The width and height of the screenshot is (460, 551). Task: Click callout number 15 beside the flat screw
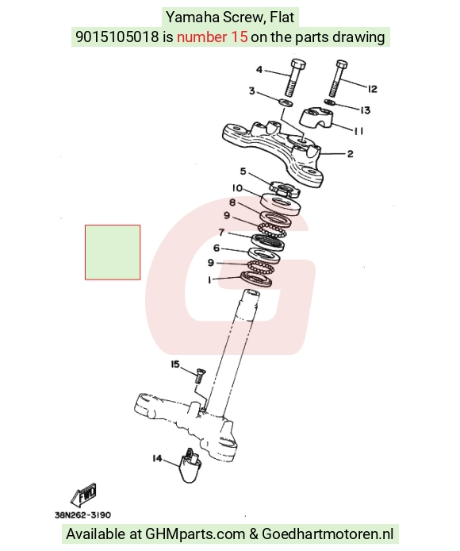(174, 364)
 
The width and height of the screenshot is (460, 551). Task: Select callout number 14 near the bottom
(157, 458)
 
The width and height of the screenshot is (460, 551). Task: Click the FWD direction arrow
(84, 494)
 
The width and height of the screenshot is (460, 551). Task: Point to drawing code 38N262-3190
(82, 515)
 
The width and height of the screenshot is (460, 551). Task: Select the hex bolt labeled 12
(338, 78)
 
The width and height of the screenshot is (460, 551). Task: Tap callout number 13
(366, 110)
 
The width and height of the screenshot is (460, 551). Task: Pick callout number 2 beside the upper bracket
(350, 154)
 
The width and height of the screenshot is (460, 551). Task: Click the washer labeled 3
(286, 103)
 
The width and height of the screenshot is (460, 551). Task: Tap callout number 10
(237, 188)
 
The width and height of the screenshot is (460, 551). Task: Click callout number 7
(221, 233)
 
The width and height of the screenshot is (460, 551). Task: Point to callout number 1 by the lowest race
(209, 280)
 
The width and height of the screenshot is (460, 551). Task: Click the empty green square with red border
(113, 252)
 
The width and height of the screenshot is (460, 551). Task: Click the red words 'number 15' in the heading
(213, 37)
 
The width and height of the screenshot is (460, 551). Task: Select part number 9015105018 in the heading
(117, 37)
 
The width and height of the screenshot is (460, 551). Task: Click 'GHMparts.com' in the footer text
(195, 534)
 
